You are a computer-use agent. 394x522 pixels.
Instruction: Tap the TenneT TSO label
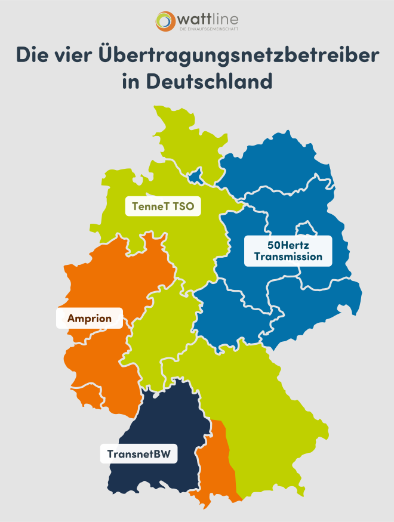coord(162,207)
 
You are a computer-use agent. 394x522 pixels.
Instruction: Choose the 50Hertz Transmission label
coord(288,251)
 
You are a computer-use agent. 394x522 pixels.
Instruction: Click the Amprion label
coord(90,318)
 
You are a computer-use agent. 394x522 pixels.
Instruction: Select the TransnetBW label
coord(139,455)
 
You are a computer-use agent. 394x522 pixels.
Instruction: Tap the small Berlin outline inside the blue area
coord(306,229)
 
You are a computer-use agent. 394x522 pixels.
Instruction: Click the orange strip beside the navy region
coord(215,459)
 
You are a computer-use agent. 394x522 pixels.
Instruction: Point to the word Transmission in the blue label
coord(288,257)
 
